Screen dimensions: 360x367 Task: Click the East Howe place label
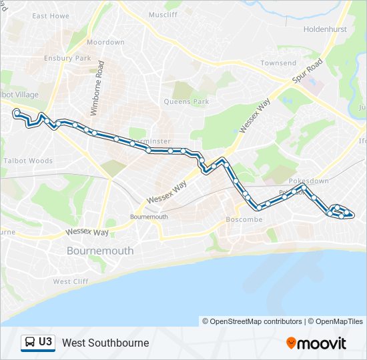(x=50, y=15)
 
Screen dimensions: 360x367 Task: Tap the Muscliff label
(x=163, y=14)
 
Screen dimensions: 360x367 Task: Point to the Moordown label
(x=105, y=42)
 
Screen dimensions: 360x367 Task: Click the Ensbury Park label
(x=67, y=58)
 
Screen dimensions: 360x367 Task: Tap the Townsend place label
(x=278, y=63)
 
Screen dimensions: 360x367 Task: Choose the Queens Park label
(x=187, y=102)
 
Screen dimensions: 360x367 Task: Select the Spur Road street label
(x=307, y=71)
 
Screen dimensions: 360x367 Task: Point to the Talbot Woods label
(x=28, y=161)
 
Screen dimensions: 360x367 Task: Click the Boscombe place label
(x=245, y=219)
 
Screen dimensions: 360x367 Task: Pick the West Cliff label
(x=71, y=281)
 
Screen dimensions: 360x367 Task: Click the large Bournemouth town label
(x=100, y=251)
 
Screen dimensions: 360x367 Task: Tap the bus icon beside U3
(x=29, y=342)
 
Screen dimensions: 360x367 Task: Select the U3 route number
(x=45, y=342)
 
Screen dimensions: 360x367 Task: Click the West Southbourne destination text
(x=105, y=343)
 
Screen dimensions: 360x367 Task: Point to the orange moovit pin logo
(x=291, y=343)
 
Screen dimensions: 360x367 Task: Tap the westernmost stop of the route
(x=16, y=113)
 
